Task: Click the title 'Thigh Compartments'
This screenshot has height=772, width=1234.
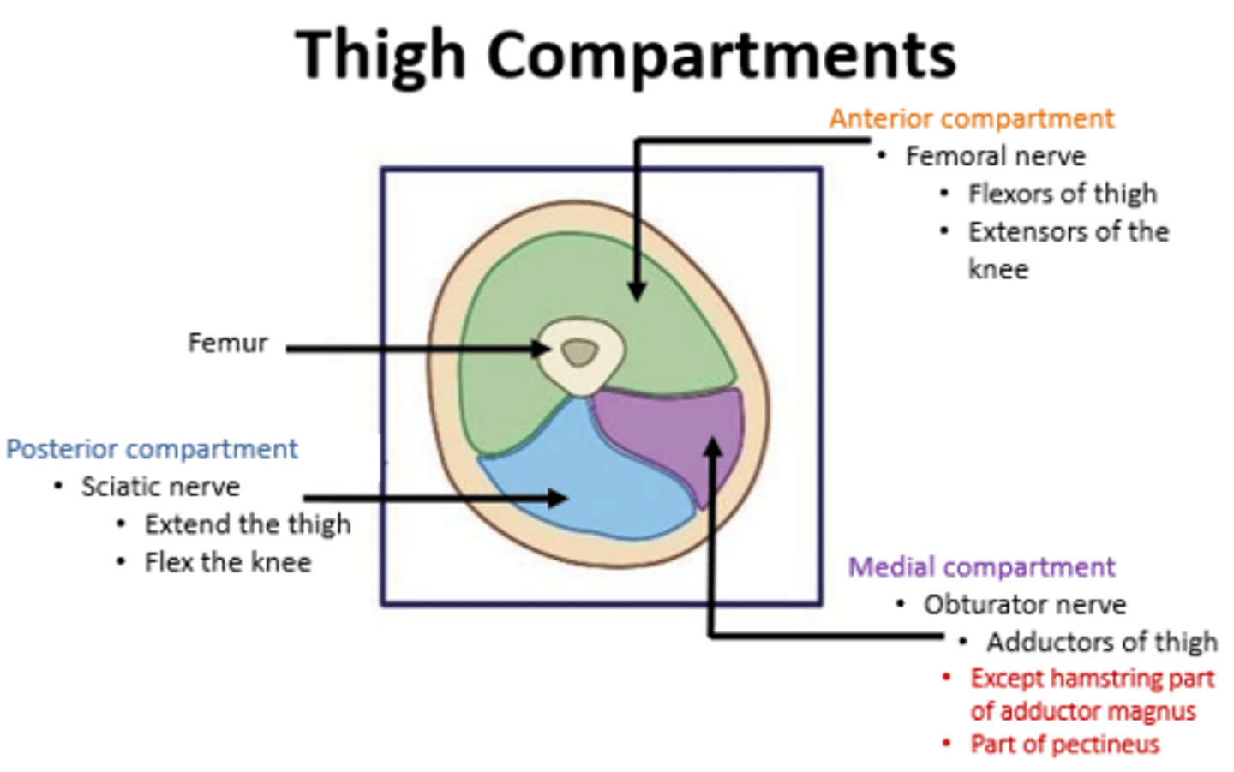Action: (x=625, y=55)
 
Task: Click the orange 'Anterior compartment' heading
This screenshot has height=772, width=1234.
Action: (x=971, y=118)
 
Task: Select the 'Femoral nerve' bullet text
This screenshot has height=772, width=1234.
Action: (x=995, y=156)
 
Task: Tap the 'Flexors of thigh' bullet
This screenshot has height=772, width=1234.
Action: (x=1062, y=194)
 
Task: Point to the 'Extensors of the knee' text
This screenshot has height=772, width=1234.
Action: (x=1068, y=232)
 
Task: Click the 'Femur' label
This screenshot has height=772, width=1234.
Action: (x=227, y=344)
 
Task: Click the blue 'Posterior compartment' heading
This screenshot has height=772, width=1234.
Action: (x=152, y=449)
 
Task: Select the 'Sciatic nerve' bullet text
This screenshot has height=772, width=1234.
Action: (x=160, y=487)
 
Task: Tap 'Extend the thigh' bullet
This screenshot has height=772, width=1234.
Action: (x=247, y=524)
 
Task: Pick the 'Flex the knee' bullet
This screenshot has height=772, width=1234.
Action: (x=227, y=562)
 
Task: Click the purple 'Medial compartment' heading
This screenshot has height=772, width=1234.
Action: (x=981, y=567)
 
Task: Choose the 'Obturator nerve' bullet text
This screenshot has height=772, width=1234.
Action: (x=1024, y=605)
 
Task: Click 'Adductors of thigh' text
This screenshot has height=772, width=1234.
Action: (x=1101, y=642)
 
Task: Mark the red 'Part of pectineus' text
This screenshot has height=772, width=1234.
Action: (x=1064, y=744)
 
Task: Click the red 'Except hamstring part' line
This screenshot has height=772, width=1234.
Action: (x=1092, y=679)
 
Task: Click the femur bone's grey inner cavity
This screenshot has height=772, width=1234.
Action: (x=580, y=352)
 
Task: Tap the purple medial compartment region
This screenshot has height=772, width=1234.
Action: (x=668, y=428)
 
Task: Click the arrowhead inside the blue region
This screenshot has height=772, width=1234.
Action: (x=559, y=498)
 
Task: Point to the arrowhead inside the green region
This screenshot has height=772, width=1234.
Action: (x=636, y=291)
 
